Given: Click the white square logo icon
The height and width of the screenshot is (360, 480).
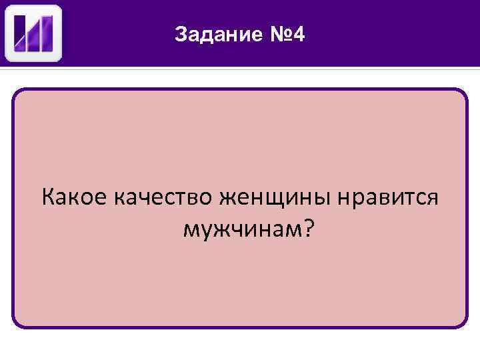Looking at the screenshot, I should [33, 33].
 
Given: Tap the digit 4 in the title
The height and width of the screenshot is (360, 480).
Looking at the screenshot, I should [299, 35].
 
